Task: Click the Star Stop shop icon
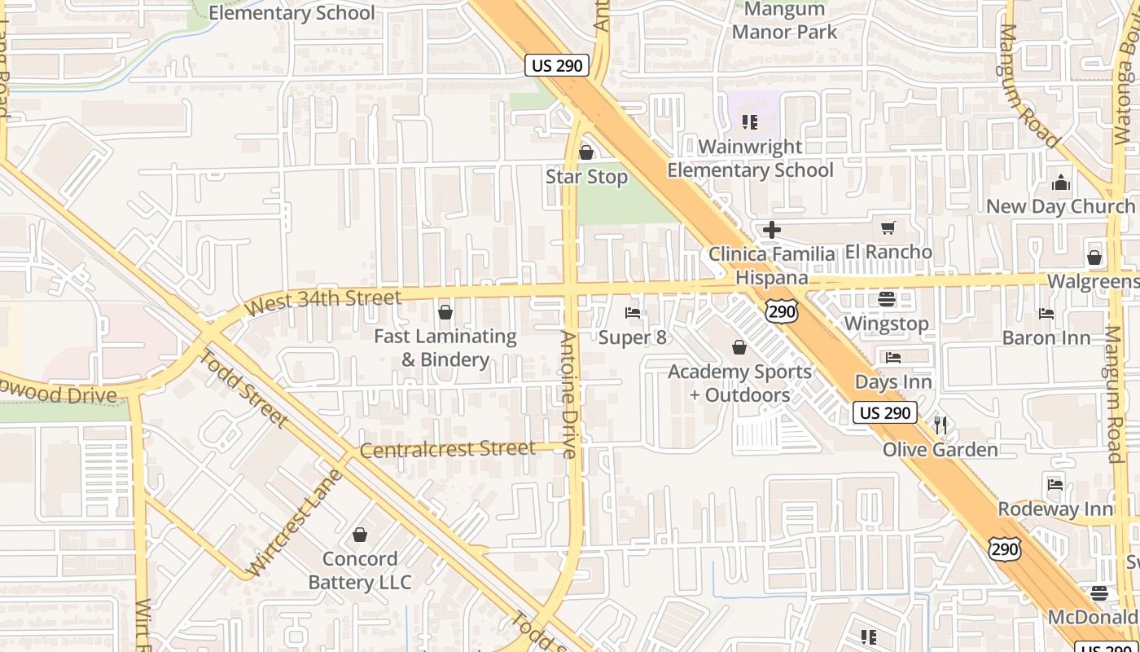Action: tap(585, 152)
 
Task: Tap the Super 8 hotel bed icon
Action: tap(633, 312)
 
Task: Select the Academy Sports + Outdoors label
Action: tap(739, 383)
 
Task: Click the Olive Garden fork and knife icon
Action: tap(940, 424)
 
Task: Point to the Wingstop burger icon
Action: tap(887, 299)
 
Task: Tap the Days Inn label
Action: tap(893, 381)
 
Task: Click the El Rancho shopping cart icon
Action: tap(888, 227)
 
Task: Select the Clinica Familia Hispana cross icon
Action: tap(772, 230)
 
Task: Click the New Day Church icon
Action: tap(1061, 182)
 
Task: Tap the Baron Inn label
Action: tap(1046, 337)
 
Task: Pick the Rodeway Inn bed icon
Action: tap(1055, 484)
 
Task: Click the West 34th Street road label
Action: tap(324, 302)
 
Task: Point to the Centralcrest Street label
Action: tap(447, 449)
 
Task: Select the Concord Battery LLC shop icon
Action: tap(360, 535)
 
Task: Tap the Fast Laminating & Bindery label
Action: tap(445, 348)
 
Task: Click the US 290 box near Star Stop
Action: tap(557, 66)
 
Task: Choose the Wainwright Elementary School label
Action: tap(750, 158)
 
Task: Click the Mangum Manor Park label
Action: tap(784, 20)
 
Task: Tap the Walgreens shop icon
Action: tap(1094, 258)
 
